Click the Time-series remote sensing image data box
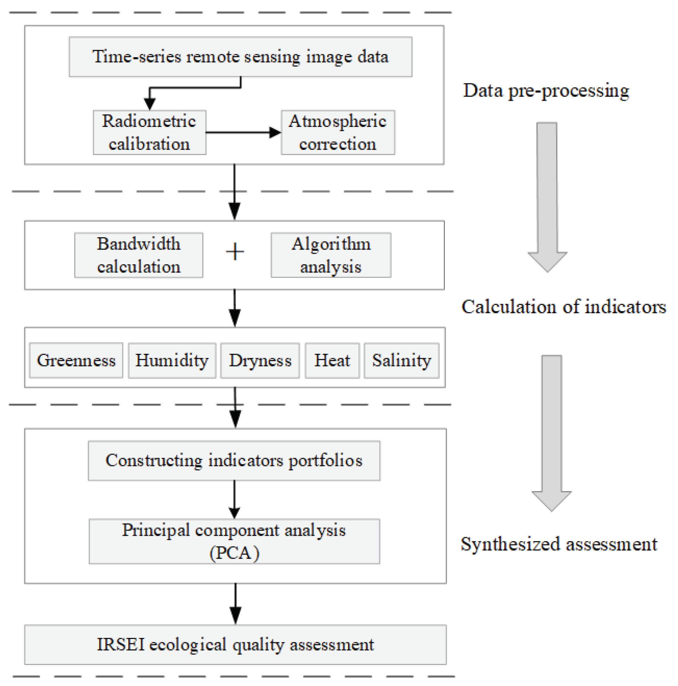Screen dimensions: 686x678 tap(240, 57)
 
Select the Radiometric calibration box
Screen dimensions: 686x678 tap(149, 133)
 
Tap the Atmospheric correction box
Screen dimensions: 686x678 tap(337, 133)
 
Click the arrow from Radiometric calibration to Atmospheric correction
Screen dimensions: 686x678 tap(243, 133)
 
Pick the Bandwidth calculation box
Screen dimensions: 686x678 tap(138, 255)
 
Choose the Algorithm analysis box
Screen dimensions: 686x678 tap(331, 255)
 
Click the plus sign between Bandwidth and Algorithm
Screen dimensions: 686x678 tap(235, 252)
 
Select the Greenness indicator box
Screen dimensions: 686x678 tap(76, 361)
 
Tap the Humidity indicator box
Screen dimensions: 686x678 tap(172, 361)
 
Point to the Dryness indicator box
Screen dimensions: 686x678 tap(260, 361)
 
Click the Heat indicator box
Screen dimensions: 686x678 tap(332, 361)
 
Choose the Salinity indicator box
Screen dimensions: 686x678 tap(401, 361)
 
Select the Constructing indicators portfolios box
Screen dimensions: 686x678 tap(234, 460)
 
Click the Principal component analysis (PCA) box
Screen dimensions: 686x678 tap(234, 541)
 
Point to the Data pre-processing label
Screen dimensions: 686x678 tap(546, 91)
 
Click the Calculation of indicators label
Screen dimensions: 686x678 tap(563, 307)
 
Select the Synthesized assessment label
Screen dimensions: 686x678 tap(559, 544)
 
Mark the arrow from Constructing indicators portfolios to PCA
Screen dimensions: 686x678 tap(234, 499)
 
